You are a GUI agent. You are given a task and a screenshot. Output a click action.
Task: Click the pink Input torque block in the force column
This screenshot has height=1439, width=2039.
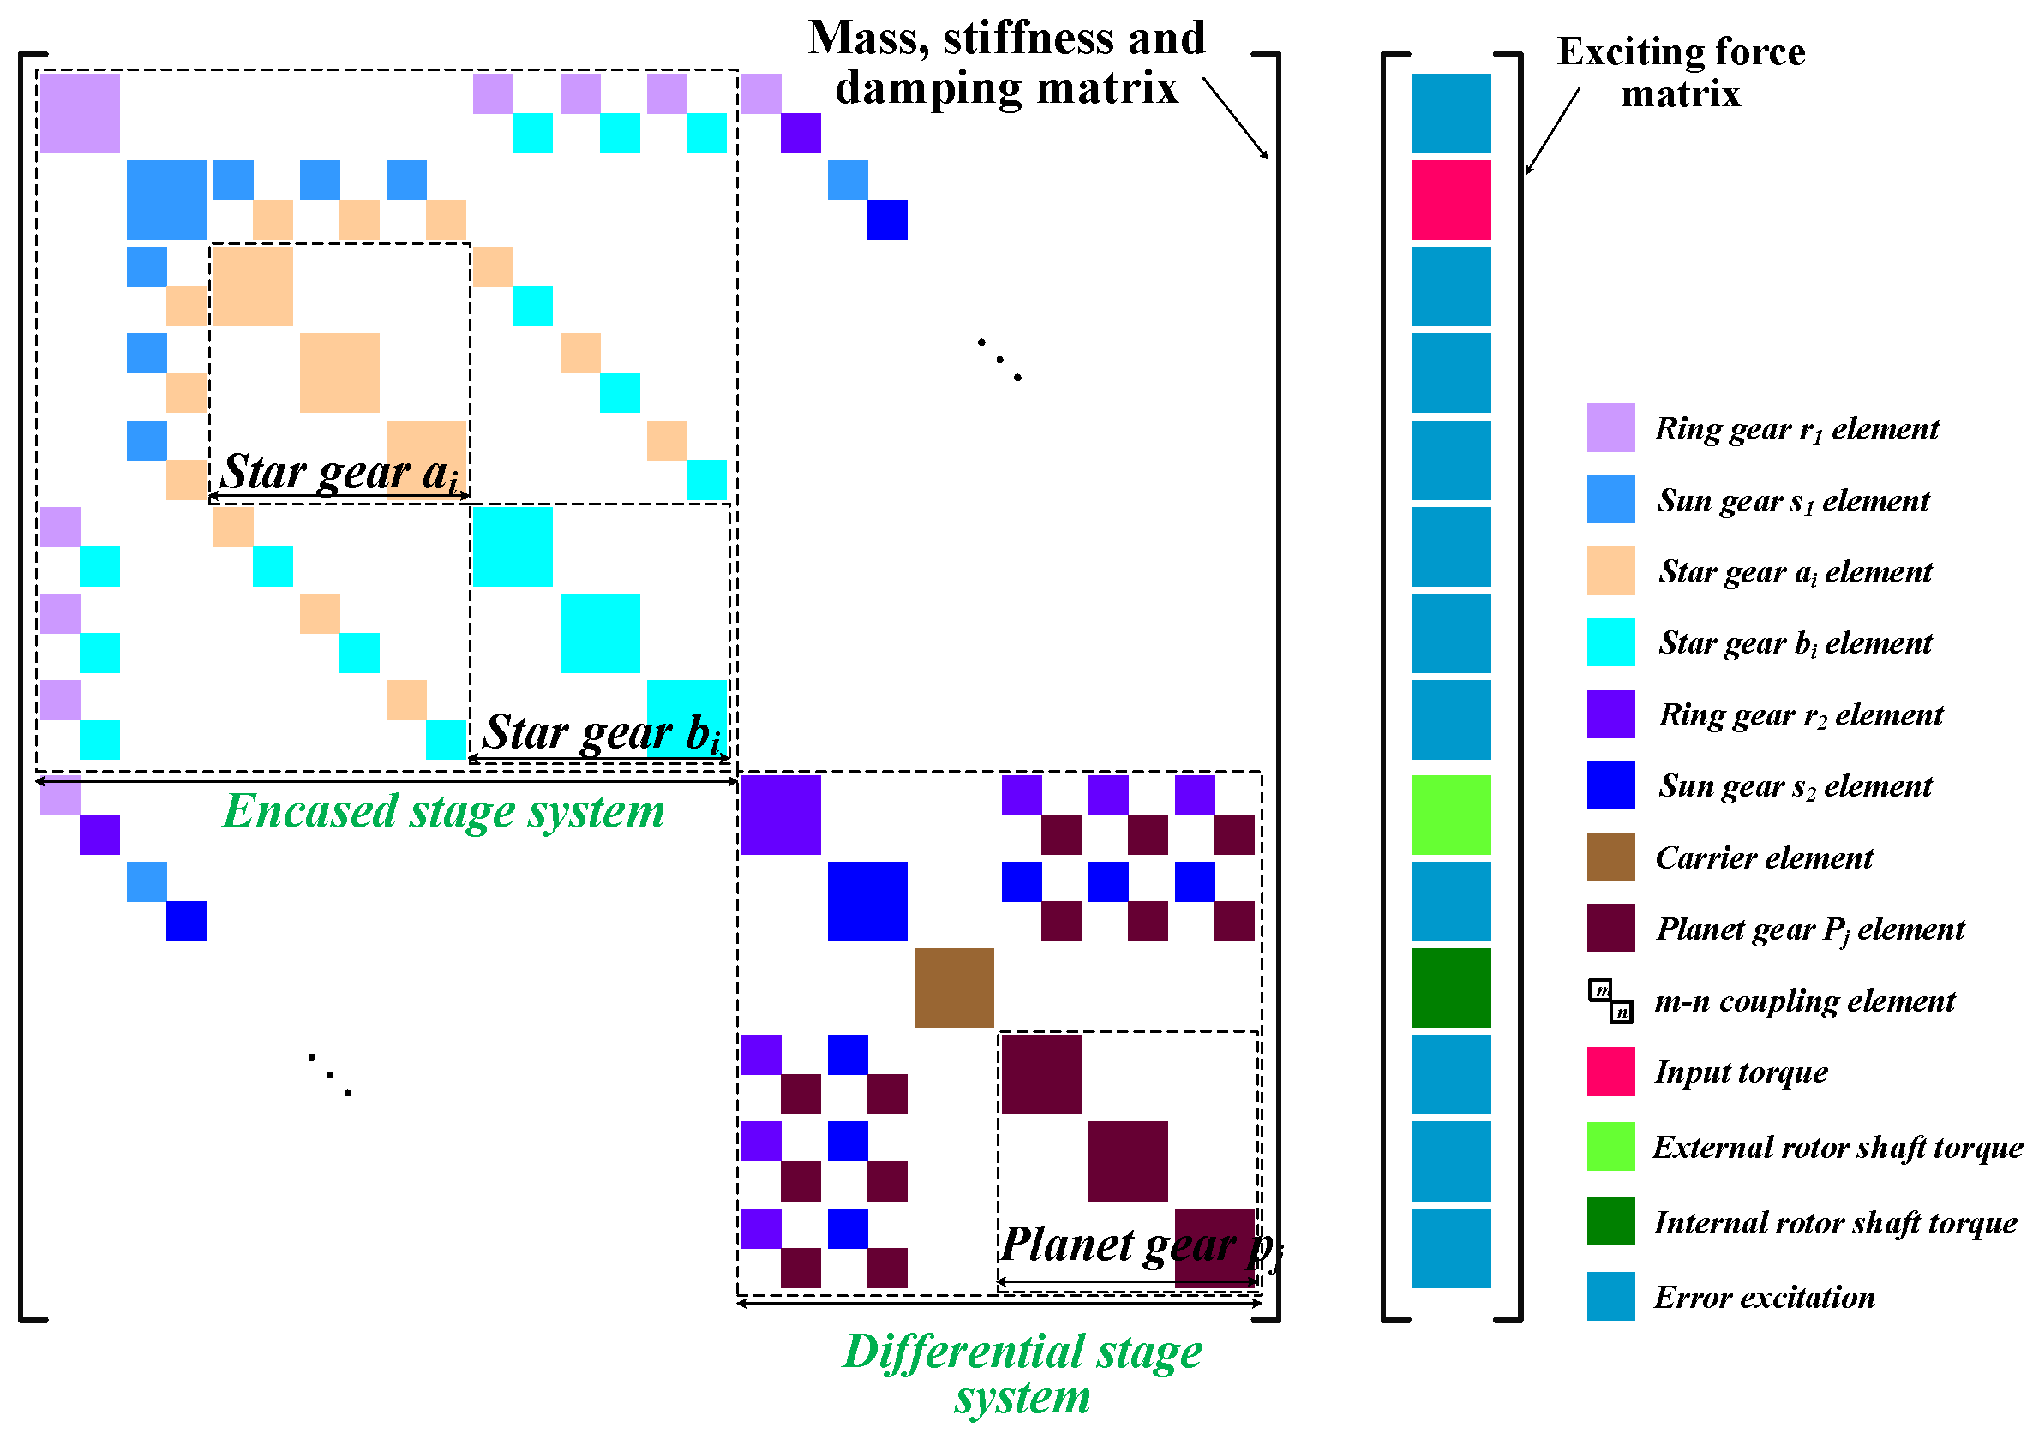pyautogui.click(x=1450, y=200)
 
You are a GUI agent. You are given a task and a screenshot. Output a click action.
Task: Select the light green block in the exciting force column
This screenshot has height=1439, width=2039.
pyautogui.click(x=1450, y=814)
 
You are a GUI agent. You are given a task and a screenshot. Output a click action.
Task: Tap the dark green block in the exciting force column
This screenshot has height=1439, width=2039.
pyautogui.click(x=1450, y=987)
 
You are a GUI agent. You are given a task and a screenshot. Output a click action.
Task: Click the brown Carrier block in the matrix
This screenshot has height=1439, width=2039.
pyautogui.click(x=954, y=987)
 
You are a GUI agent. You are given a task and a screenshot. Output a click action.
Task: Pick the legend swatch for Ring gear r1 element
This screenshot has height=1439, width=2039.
pyautogui.click(x=1610, y=428)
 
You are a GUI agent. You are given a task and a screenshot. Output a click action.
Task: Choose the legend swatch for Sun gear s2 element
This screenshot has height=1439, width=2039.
pyautogui.click(x=1610, y=785)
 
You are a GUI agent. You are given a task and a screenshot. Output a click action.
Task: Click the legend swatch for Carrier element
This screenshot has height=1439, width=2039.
pyautogui.click(x=1610, y=857)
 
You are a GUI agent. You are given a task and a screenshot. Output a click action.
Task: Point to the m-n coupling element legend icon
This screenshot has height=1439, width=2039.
pyautogui.click(x=1610, y=1000)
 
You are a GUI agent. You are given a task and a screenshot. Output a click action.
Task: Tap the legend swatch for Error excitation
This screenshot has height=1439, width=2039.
pyautogui.click(x=1610, y=1296)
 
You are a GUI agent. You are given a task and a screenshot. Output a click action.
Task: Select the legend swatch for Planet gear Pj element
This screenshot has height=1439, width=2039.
pyautogui.click(x=1610, y=928)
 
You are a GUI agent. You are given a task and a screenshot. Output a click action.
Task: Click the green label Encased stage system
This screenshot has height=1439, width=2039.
pyautogui.click(x=443, y=810)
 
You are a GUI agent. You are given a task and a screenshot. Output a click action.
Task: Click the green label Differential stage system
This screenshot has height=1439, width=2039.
pyautogui.click(x=1022, y=1373)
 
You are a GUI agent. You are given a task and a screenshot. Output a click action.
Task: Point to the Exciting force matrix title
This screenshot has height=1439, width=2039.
pyautogui.click(x=1680, y=72)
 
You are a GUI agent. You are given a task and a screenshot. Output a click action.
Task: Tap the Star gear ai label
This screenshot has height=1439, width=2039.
pyautogui.click(x=340, y=471)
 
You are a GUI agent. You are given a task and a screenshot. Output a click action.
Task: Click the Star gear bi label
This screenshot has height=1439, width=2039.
pyautogui.click(x=601, y=732)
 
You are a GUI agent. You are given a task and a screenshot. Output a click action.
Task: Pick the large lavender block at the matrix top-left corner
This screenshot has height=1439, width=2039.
pyautogui.click(x=80, y=113)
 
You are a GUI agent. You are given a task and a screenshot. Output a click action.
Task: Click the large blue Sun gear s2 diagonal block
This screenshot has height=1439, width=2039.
pyautogui.click(x=867, y=900)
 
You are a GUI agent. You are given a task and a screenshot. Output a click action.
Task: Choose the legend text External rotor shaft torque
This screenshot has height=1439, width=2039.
pyautogui.click(x=1837, y=1146)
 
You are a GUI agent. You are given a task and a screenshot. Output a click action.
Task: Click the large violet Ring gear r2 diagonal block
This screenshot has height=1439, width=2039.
pyautogui.click(x=781, y=814)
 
